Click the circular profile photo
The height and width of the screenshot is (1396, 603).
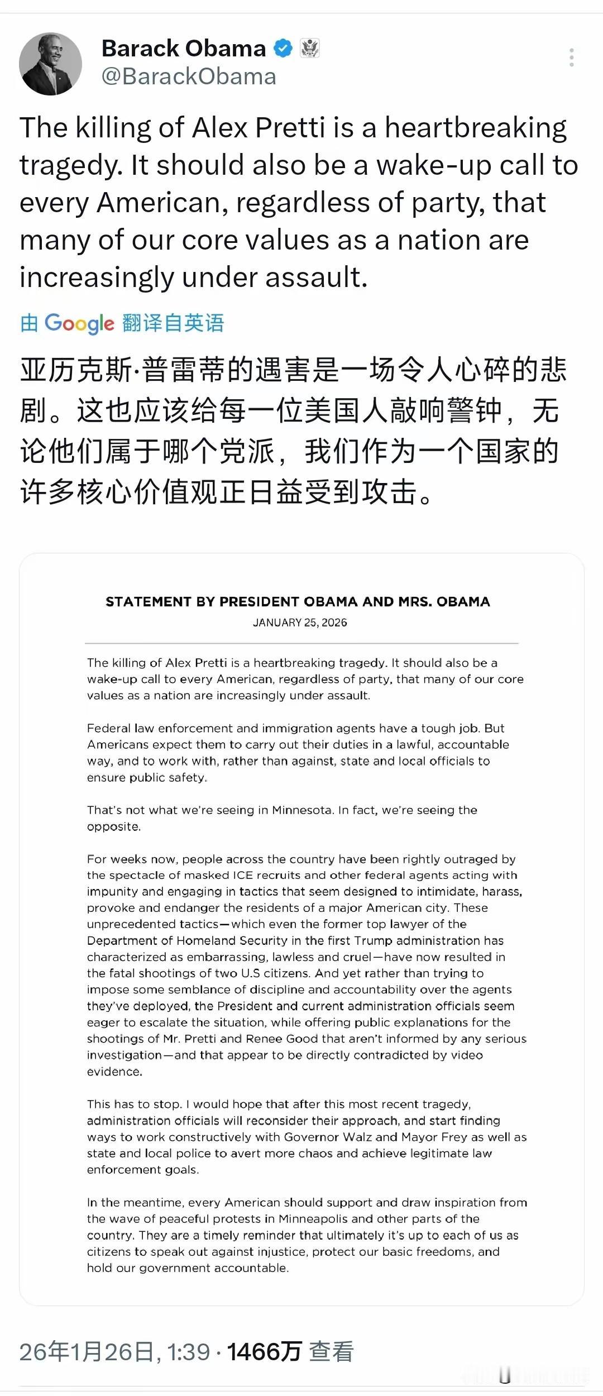[x=51, y=64]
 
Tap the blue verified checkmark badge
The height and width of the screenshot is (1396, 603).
[x=283, y=49]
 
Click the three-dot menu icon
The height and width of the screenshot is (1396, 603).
[x=571, y=58]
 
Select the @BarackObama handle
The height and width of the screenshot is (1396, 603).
[x=189, y=77]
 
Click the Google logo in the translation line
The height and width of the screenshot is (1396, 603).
[x=79, y=323]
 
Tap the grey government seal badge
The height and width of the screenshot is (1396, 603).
[x=310, y=49]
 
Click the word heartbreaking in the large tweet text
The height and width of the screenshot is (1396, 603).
[x=476, y=128]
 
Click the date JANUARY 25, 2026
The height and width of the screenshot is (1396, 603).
[x=300, y=623]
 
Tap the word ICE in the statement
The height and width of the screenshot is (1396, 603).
[x=241, y=876]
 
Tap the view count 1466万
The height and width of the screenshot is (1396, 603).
[x=264, y=1352]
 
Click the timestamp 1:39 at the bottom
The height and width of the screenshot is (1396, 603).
[x=189, y=1352]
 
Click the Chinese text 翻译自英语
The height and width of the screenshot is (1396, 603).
[x=173, y=323]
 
